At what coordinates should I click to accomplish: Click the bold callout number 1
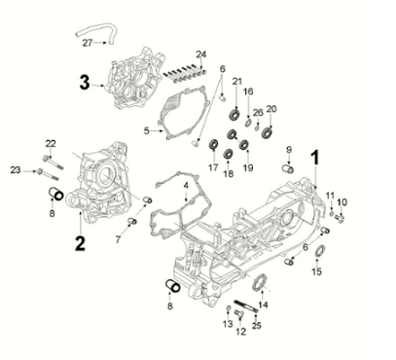[314, 156]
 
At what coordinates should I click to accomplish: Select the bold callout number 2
[81, 238]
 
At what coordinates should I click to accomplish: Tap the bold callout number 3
[86, 85]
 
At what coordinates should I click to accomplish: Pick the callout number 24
[201, 54]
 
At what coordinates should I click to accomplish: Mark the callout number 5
[147, 128]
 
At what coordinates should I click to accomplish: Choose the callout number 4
[185, 185]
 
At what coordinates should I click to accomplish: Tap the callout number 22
[51, 144]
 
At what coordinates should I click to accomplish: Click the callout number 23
[17, 170]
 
